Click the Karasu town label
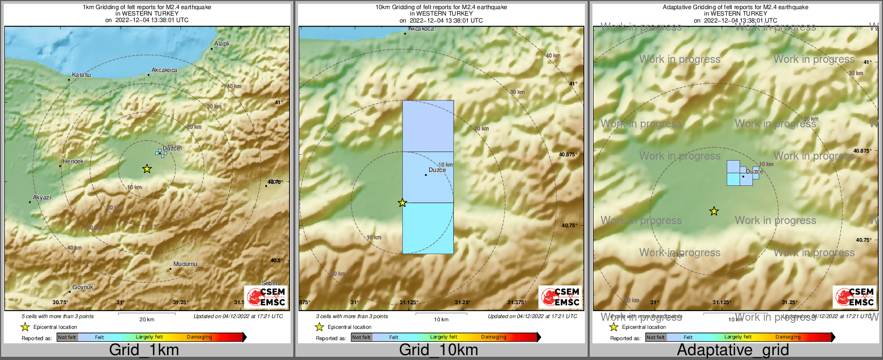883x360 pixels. click(82, 75)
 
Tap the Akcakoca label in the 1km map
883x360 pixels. click(164, 70)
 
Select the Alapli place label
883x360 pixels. click(221, 44)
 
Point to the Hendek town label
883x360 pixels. click(73, 161)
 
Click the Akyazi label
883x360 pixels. click(42, 198)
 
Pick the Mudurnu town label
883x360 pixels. click(185, 264)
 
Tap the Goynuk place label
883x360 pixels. click(83, 287)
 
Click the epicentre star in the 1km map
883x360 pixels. click(147, 169)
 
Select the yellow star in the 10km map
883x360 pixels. click(402, 203)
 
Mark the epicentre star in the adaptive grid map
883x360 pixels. click(714, 211)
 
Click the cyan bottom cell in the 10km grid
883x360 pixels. click(428, 228)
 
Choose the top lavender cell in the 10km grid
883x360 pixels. click(428, 126)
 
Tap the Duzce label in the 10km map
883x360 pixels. click(437, 170)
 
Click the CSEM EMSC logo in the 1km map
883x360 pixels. click(265, 297)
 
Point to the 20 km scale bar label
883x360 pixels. click(147, 320)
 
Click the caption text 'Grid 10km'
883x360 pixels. click(438, 350)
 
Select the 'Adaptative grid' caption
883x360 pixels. click(733, 350)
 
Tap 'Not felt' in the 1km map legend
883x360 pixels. click(67, 337)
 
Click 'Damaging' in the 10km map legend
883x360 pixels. click(494, 337)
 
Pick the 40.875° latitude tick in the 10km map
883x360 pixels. click(568, 155)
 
